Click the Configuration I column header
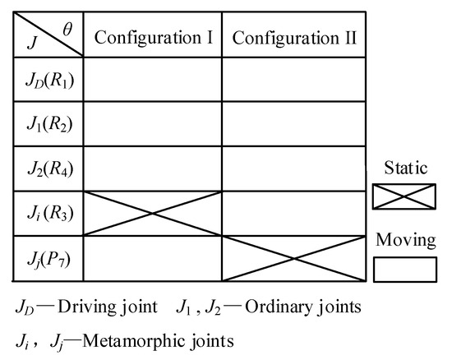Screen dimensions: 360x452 point(153,37)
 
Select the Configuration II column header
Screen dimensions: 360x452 point(293,37)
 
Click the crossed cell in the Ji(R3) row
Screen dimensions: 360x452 point(153,214)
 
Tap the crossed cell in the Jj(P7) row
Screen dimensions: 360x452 point(293,259)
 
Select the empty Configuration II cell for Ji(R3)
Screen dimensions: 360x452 point(293,214)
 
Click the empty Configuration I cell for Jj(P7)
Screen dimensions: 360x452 point(153,259)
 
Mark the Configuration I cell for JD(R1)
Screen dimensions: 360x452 point(153,81)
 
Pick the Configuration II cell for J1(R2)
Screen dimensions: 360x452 point(293,125)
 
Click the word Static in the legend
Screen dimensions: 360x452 point(405,168)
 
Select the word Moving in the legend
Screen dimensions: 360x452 point(405,240)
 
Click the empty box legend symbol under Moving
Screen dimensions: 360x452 point(405,269)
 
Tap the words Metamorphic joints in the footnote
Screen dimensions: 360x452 point(165,338)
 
